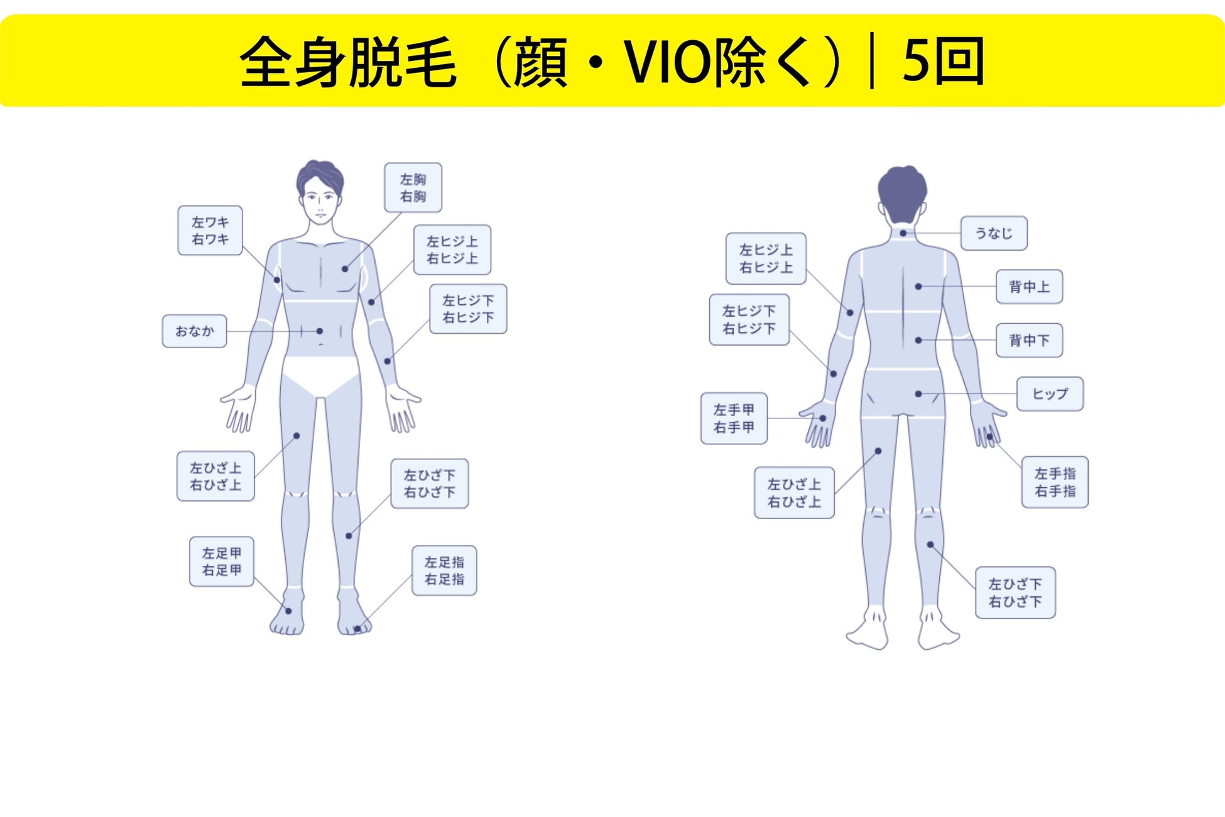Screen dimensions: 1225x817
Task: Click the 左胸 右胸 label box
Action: point(413,188)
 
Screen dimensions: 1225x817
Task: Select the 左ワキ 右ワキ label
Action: point(210,231)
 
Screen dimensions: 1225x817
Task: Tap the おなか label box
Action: point(194,331)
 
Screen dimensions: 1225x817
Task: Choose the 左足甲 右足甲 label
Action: point(221,562)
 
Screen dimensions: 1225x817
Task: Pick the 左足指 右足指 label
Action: point(444,571)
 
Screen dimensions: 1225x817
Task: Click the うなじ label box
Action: point(993,233)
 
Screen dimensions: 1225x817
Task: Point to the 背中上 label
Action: point(1029,287)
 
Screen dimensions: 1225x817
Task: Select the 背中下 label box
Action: point(1029,341)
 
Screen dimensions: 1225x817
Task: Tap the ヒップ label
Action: point(1050,394)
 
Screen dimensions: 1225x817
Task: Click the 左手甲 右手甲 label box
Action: point(734,419)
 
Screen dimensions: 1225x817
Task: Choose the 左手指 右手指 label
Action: point(1055,482)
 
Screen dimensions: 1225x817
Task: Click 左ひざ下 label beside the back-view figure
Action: point(1015,593)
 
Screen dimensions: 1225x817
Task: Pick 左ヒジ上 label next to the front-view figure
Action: point(452,250)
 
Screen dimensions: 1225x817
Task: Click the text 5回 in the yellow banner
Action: point(943,62)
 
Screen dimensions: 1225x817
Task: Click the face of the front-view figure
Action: point(320,201)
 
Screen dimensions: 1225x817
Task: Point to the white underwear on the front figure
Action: point(320,376)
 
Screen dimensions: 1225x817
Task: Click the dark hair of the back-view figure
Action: point(902,189)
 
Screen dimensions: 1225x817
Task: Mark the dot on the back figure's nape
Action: point(903,233)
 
